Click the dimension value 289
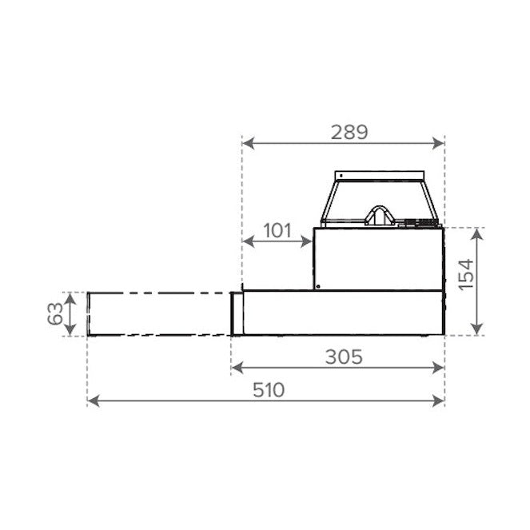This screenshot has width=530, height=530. click(x=349, y=132)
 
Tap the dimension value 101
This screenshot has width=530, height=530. click(x=277, y=231)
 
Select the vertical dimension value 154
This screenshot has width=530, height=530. click(x=467, y=274)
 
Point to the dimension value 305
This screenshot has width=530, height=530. click(x=344, y=357)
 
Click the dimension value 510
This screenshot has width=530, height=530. click(x=269, y=390)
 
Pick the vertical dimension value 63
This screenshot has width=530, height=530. click(x=55, y=313)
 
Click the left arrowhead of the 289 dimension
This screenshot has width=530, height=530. click(x=248, y=143)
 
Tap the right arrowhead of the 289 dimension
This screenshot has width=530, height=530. click(x=438, y=143)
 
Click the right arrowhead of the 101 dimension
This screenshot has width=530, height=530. click(x=306, y=241)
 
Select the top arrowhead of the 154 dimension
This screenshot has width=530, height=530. click(x=476, y=234)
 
